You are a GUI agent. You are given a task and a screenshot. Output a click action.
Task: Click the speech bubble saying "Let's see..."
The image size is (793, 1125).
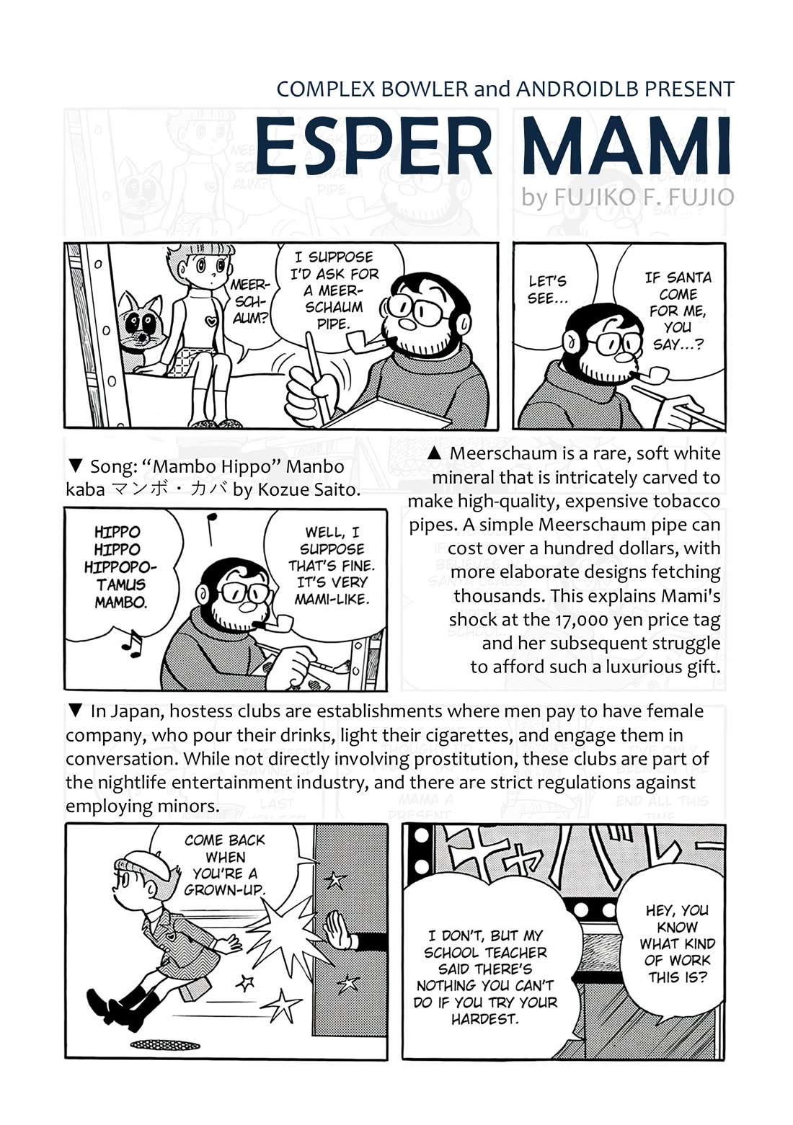[548, 290]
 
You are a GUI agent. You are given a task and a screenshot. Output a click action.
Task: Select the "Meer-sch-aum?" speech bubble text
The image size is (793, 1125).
[249, 301]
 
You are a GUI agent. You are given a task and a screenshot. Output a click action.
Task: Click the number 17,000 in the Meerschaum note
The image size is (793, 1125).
[588, 621]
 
